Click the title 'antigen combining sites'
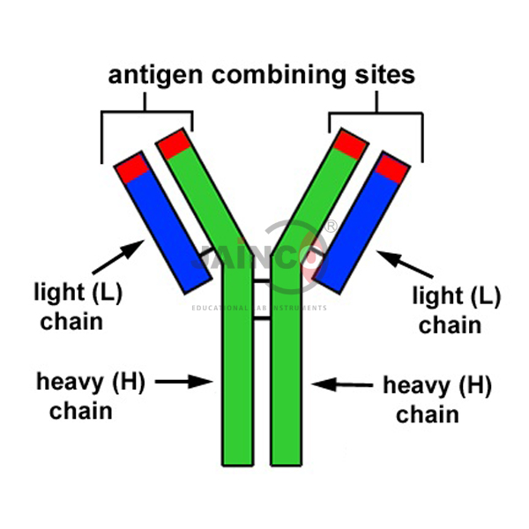(x=261, y=75)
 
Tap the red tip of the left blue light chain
(x=133, y=168)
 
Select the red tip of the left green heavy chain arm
(x=173, y=143)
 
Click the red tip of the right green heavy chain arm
(x=350, y=143)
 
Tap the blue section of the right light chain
(x=360, y=231)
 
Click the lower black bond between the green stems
(x=261, y=317)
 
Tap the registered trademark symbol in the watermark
(x=331, y=227)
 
